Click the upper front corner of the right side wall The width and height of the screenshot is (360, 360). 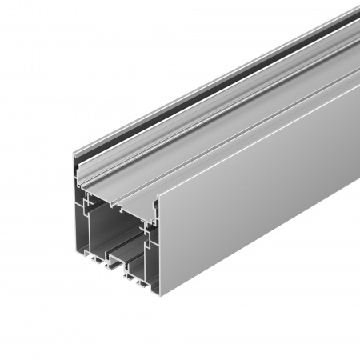pos(159,196)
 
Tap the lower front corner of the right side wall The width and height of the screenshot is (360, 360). pos(160,290)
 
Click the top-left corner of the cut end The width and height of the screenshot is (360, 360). pos(74,154)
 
